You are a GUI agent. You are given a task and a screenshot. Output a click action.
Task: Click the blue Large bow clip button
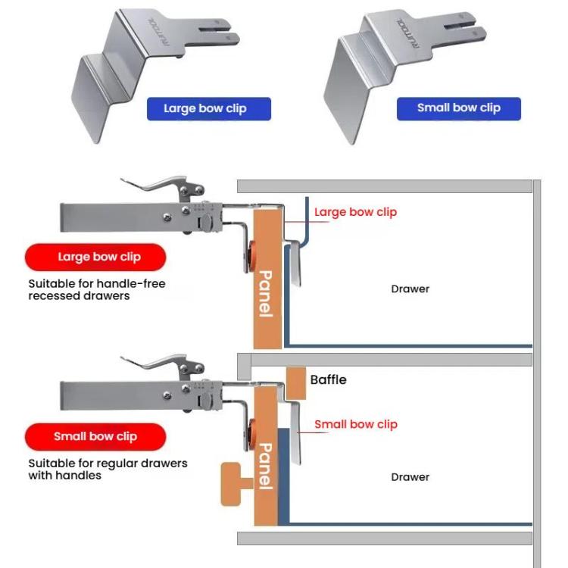(x=205, y=108)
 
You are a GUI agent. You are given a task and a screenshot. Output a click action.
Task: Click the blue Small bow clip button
(x=459, y=108)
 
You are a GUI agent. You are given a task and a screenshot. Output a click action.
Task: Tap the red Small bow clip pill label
(x=95, y=436)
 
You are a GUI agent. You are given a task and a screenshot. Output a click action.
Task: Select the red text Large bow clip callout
(x=355, y=212)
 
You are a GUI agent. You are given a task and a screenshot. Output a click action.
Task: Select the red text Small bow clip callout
(x=355, y=424)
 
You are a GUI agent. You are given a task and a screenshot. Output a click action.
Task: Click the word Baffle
(x=328, y=379)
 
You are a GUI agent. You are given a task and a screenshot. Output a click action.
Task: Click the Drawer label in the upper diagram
(x=410, y=289)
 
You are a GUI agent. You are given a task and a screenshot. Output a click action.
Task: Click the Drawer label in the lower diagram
(x=410, y=477)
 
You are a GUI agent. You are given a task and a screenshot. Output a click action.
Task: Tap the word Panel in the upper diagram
(x=266, y=294)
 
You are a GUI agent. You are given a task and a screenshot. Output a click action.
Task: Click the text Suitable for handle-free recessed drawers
(x=96, y=289)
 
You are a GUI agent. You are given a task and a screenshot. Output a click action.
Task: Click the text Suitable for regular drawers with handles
(x=107, y=469)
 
